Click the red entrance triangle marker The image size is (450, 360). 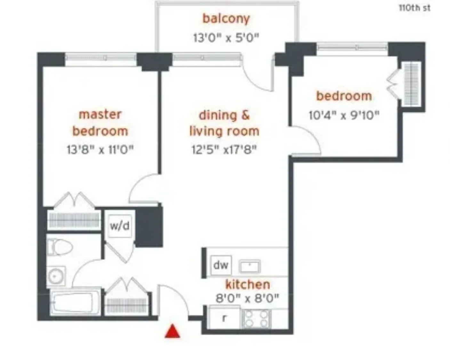[x=172, y=331]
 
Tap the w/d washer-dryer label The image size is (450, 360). [x=120, y=226]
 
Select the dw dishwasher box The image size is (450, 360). [x=221, y=265]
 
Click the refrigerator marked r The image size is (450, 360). [x=224, y=318]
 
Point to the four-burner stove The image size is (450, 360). [x=256, y=319]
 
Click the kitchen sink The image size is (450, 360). [x=250, y=266]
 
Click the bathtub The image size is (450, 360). [x=76, y=302]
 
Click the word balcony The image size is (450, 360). [x=226, y=18]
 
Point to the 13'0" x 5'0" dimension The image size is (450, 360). [x=226, y=38]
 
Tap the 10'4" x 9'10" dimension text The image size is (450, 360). [x=344, y=115]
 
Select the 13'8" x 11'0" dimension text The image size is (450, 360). [x=100, y=149]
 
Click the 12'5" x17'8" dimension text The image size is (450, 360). [x=224, y=149]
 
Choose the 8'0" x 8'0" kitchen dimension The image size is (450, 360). [x=247, y=299]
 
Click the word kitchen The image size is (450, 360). [x=247, y=284]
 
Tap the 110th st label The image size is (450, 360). [x=414, y=8]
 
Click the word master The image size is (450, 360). [x=100, y=114]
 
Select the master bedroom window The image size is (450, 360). [x=101, y=58]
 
